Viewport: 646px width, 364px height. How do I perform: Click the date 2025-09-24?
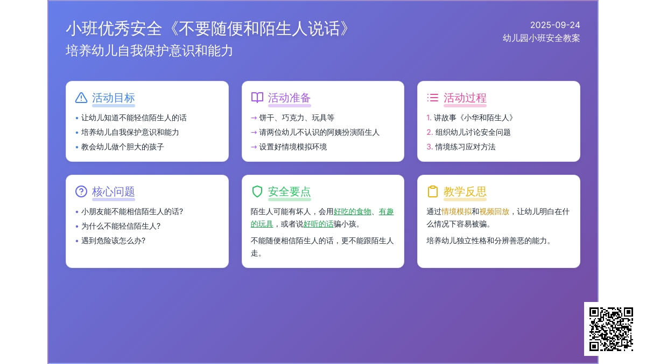tap(555, 25)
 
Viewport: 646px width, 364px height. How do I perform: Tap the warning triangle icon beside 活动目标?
tap(81, 98)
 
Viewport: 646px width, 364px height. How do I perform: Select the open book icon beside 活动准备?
tap(257, 98)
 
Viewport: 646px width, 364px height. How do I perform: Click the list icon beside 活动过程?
tap(433, 98)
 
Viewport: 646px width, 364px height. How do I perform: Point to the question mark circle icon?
tap(81, 191)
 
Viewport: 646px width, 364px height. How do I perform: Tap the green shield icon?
tap(257, 191)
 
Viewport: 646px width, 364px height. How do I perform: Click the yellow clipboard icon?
tap(433, 191)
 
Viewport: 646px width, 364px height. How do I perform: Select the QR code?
tap(611, 329)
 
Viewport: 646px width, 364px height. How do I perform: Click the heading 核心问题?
tap(114, 191)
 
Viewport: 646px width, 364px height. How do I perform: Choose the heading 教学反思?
tap(465, 191)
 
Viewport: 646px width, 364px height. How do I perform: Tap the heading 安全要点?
tap(289, 191)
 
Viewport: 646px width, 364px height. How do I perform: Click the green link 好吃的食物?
tap(352, 212)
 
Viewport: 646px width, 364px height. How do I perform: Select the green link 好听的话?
tap(318, 224)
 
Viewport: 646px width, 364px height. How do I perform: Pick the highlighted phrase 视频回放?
tap(494, 212)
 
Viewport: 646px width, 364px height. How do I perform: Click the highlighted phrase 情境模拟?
tap(457, 212)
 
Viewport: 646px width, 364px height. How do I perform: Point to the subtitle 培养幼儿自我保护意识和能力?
tap(149, 51)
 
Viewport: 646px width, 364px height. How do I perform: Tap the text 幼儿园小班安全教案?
tap(541, 38)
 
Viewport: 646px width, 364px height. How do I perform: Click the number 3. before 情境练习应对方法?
tap(430, 147)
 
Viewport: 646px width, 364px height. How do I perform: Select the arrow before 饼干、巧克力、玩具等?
tap(254, 118)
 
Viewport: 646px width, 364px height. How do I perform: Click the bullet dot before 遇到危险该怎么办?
tap(76, 241)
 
